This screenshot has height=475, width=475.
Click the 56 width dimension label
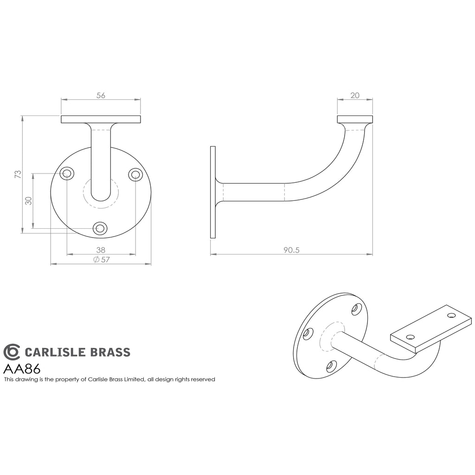click(101, 95)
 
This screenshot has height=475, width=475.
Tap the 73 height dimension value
click(18, 174)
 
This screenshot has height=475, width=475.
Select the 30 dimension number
click(28, 201)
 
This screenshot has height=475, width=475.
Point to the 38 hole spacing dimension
click(101, 250)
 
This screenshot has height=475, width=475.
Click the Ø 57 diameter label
click(102, 260)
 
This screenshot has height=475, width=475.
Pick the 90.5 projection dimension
click(291, 250)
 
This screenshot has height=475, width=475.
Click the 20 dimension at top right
click(355, 95)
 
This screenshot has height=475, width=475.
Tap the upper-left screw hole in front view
click(67, 174)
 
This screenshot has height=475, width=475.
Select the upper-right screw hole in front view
click(135, 174)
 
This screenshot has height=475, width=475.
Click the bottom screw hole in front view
click(100, 228)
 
